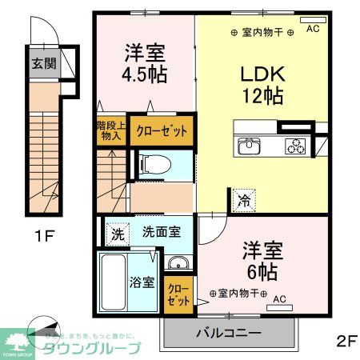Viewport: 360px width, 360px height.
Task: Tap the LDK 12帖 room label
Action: (261, 83)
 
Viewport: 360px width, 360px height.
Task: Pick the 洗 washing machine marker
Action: (117, 234)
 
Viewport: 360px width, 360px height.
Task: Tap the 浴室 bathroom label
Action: (121, 282)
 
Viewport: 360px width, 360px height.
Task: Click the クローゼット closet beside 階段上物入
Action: (163, 130)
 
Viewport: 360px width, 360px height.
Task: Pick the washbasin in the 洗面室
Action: (178, 263)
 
